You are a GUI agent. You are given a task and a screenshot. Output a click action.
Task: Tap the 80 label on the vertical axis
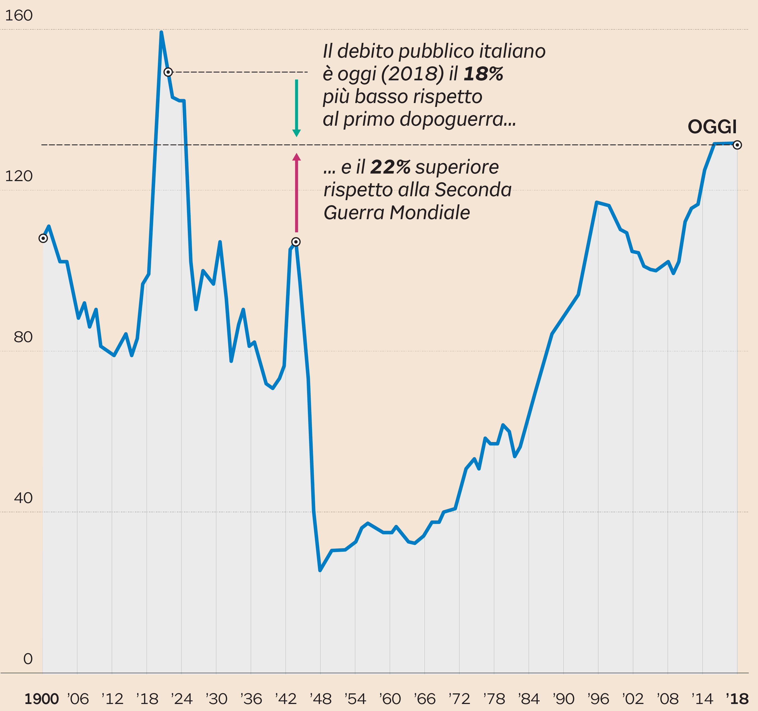(23, 337)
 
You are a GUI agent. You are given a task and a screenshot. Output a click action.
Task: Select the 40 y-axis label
(23, 498)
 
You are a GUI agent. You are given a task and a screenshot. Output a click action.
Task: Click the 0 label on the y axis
(28, 659)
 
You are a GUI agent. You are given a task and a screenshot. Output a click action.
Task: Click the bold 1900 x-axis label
(41, 699)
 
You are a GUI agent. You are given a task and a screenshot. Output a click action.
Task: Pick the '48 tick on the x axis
(321, 699)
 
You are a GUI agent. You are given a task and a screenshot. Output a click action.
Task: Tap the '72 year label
(459, 699)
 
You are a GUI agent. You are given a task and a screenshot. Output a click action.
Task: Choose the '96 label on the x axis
(598, 699)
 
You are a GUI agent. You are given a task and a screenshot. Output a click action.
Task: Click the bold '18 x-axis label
(737, 699)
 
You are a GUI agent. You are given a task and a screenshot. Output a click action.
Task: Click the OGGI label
(712, 127)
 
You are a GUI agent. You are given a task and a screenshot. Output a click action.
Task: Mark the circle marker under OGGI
(737, 145)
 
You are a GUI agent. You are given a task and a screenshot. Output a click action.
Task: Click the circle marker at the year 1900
(43, 238)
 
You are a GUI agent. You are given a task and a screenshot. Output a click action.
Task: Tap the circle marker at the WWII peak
(296, 242)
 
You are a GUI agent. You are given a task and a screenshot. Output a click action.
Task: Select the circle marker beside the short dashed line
(168, 72)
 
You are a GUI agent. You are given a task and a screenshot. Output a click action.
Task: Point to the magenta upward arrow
(296, 193)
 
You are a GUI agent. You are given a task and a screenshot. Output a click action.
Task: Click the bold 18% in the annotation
(483, 74)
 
